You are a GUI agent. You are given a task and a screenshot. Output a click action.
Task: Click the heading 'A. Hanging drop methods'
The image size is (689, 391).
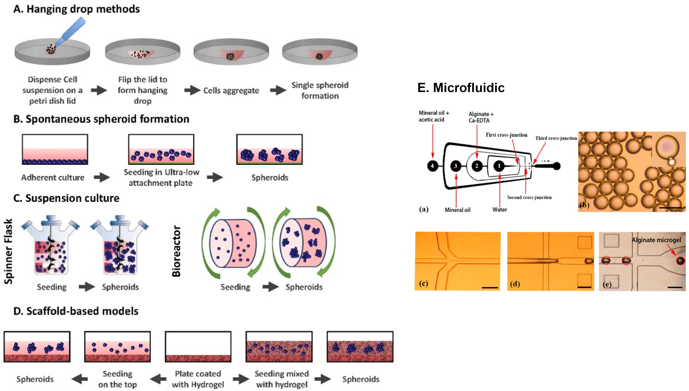pos(77,9)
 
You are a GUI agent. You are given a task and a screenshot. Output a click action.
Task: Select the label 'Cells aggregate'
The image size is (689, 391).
pos(231,91)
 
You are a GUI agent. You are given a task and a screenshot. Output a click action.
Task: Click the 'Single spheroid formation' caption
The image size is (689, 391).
pos(320,91)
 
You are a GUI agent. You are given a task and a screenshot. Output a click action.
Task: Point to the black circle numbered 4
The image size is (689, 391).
pos(432,166)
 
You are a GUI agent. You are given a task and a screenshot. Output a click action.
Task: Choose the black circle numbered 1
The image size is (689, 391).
pos(499,166)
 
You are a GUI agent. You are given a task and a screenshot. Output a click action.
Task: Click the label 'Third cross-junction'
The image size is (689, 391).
pos(556,138)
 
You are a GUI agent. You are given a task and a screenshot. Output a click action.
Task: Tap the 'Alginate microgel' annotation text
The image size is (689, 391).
pos(656,240)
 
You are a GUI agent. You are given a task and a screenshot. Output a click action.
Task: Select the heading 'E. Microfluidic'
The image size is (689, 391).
pos(461,88)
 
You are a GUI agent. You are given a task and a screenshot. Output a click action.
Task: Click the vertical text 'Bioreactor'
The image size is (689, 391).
pos(176,251)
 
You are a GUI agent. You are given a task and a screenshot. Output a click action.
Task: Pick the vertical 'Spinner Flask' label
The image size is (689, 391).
pos(9,251)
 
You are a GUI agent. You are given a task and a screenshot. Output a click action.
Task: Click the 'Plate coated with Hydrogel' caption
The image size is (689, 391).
pos(198,379)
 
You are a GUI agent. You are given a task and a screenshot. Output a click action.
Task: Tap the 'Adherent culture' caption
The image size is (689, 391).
pos(53,177)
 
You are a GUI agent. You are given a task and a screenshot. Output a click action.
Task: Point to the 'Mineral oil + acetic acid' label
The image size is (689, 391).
pos(433,116)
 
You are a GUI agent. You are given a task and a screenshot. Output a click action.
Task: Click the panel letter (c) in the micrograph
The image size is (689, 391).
pos(423,283)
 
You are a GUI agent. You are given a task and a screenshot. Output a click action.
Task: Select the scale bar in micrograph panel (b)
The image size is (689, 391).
pos(670,208)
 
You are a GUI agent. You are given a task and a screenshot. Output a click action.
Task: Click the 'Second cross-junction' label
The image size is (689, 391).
pos(529,197)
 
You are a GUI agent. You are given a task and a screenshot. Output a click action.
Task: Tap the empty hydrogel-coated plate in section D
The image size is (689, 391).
pos(198,347)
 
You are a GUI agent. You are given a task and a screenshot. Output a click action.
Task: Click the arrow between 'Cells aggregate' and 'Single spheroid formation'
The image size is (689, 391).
pos(278,90)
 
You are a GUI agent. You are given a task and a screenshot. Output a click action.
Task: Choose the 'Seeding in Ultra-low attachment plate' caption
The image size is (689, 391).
pos(161,177)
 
